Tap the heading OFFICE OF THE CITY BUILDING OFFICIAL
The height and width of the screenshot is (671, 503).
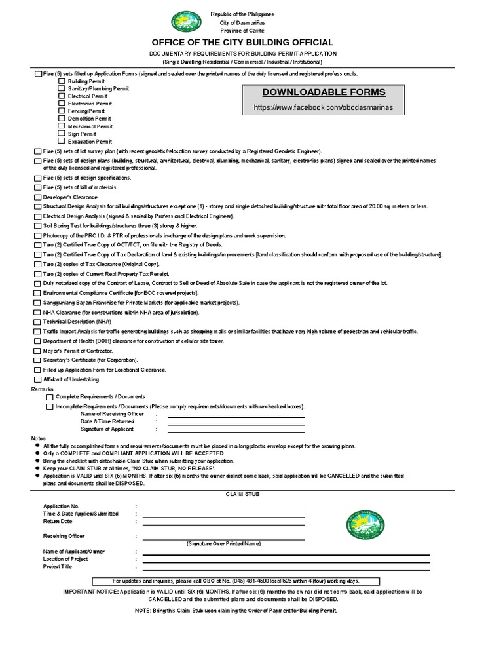[x=251, y=42]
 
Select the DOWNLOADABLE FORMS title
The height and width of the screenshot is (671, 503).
[x=324, y=92]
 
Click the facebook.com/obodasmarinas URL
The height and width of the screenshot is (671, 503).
[x=324, y=107]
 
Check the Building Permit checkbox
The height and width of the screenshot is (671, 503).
[x=62, y=81]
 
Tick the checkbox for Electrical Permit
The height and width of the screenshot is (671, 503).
[x=62, y=96]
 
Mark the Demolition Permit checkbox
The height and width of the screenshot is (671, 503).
[x=62, y=119]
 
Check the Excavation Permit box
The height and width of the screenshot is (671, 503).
[x=62, y=141]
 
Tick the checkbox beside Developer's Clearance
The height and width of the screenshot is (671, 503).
[x=37, y=197]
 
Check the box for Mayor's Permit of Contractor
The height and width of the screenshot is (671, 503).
[x=37, y=351]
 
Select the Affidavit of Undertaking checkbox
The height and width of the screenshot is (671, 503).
[x=37, y=379]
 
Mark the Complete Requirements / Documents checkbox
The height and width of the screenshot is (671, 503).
[x=50, y=397]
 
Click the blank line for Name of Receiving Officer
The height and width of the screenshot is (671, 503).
[x=236, y=415]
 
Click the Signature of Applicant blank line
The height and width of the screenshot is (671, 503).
[x=236, y=430]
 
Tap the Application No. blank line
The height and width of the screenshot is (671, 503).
[x=223, y=508]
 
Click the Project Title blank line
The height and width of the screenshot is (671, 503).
[x=286, y=567]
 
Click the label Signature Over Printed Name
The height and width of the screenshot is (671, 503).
[x=223, y=543]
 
